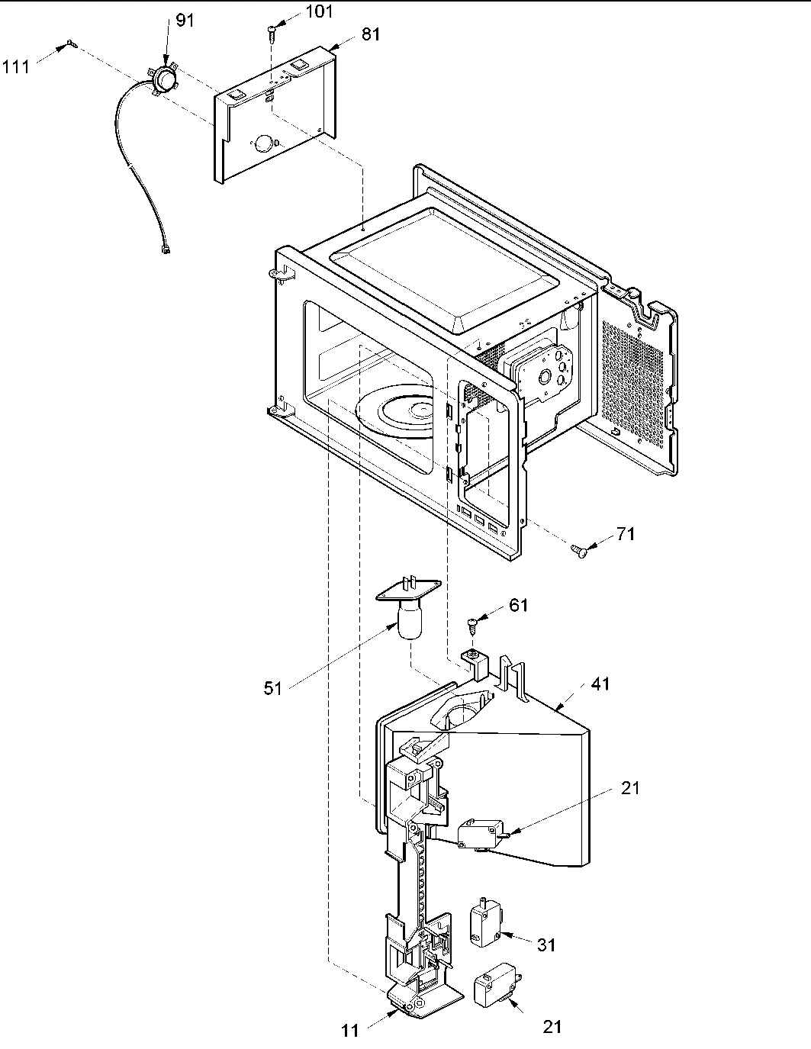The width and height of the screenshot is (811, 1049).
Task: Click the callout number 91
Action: [x=185, y=21]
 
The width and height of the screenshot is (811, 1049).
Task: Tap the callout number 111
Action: [x=16, y=67]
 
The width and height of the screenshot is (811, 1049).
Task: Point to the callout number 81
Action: [x=371, y=34]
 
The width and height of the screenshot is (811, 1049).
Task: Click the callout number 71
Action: [x=626, y=534]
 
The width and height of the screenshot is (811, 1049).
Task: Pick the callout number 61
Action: [x=519, y=605]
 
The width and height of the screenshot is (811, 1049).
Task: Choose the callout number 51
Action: [x=272, y=688]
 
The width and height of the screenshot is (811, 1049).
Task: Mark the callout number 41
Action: [x=601, y=685]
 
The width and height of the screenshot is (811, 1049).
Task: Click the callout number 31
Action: [x=545, y=945]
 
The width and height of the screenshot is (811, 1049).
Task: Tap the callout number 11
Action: [x=349, y=1031]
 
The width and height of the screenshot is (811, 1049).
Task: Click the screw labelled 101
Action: [x=272, y=32]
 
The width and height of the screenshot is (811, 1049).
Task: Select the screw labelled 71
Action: [x=579, y=550]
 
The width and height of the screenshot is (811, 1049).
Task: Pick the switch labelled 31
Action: [x=485, y=922]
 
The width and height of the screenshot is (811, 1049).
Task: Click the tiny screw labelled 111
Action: [x=70, y=43]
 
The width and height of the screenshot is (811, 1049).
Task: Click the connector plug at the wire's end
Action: [x=166, y=249]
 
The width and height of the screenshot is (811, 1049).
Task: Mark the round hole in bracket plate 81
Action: [x=264, y=143]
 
